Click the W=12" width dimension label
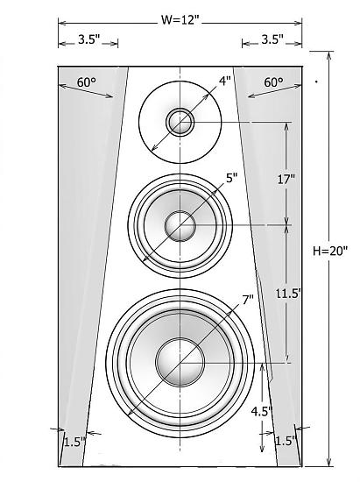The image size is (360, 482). point(180,20)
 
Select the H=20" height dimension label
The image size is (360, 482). point(330,251)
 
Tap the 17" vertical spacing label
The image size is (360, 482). point(286,179)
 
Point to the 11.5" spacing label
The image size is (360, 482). point(288,294)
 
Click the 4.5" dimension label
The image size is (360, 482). point(261,411)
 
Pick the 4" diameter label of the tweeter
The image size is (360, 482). point(224,82)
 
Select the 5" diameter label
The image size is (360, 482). point(232,178)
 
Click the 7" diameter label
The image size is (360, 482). point(248,300)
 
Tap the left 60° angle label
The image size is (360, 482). point(87,82)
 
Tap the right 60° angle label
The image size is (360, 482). point(273,82)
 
